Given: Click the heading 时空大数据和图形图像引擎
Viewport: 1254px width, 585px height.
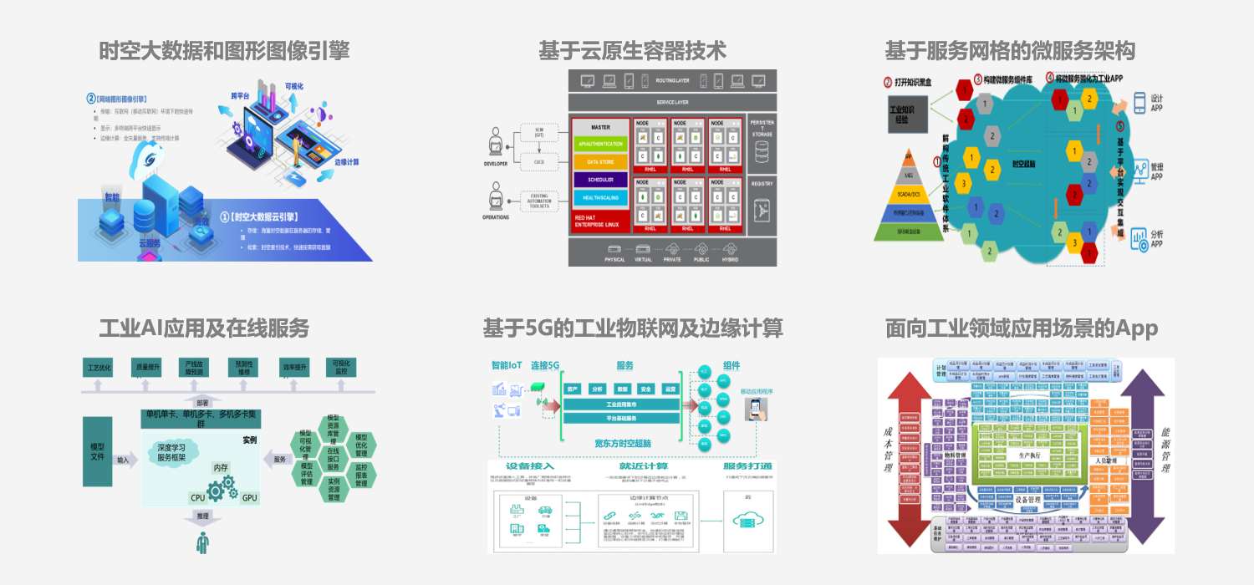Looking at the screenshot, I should point(224,51).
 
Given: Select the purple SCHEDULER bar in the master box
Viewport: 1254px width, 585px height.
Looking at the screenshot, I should point(599,180).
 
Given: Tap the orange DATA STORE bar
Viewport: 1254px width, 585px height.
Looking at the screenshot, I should point(599,161).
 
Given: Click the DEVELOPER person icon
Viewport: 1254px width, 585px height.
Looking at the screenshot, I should point(496,143).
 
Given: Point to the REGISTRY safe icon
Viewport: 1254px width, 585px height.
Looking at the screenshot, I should point(762,214).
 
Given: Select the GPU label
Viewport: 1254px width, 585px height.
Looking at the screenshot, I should point(249,498).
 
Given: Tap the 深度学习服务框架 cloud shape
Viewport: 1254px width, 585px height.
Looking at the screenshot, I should point(177,452).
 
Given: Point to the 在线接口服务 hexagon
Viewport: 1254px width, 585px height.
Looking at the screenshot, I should point(334,460).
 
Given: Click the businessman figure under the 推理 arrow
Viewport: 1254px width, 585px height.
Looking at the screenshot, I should point(202,542).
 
